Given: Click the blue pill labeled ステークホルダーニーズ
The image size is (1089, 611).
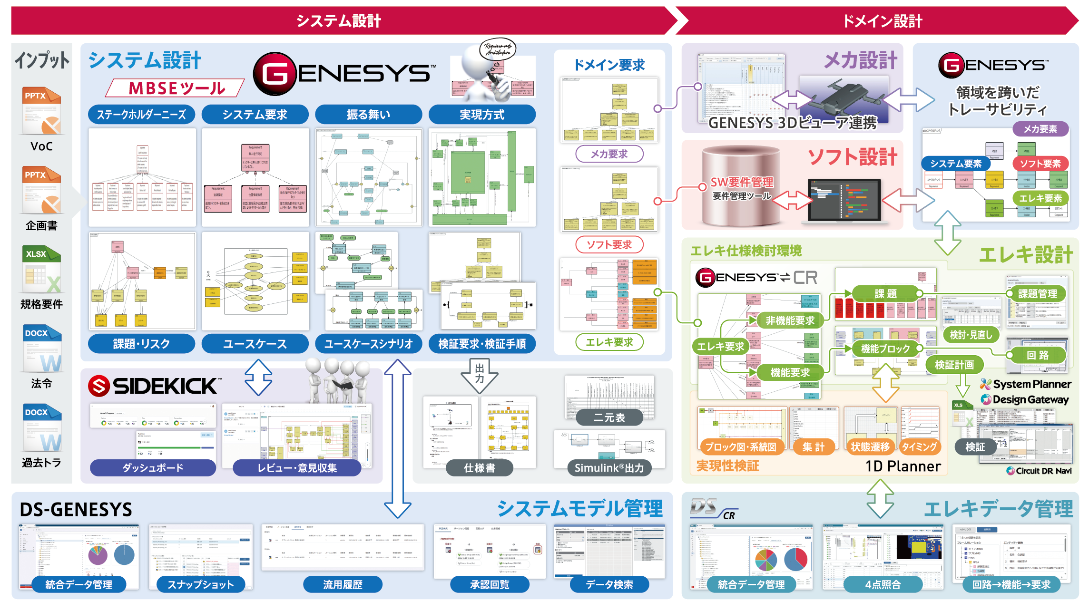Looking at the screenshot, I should coord(141,115).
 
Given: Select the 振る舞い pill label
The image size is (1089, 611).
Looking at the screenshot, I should coord(368,115).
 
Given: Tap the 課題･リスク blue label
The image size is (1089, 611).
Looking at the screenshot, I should coord(141,344).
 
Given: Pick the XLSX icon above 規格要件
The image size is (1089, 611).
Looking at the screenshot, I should coord(42,269).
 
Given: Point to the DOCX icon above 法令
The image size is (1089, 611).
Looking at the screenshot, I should coord(42,349).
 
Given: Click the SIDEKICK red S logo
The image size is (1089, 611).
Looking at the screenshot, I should coord(99,386).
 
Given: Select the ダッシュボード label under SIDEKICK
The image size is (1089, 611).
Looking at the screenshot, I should coord(153,468).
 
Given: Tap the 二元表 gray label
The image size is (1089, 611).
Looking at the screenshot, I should coord(609,417).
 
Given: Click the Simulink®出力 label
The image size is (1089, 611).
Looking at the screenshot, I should coord(609,468).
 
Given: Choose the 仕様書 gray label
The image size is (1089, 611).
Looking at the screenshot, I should coord(480,468).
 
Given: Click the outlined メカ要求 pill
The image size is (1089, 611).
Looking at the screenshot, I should coord(609,154).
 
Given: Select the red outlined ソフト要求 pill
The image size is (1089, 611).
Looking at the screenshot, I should coord(609,245).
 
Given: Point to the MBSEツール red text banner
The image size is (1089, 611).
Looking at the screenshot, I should coord(177,88).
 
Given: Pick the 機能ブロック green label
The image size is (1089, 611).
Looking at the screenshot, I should coord(885,349).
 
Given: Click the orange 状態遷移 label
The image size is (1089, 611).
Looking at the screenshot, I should coord(870,447).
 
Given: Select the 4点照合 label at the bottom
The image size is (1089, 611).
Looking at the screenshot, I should coord(883,584).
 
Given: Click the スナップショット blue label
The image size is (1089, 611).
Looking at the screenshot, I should coord(200,584).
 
